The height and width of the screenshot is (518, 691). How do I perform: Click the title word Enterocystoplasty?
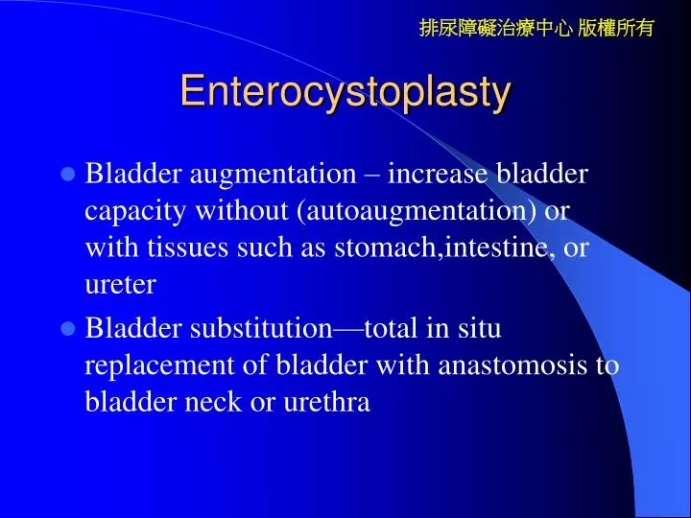click(x=345, y=91)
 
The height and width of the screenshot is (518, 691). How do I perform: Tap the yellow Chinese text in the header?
click(x=536, y=28)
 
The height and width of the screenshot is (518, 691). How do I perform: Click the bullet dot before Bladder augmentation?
click(x=68, y=175)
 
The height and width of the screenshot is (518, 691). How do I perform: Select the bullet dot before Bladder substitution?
click(x=68, y=329)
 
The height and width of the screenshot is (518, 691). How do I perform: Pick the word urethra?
click(x=327, y=403)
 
